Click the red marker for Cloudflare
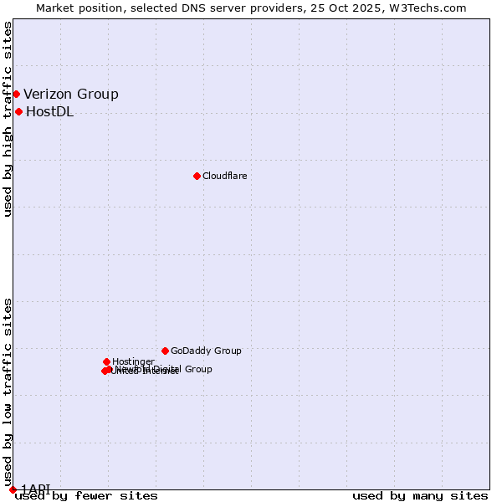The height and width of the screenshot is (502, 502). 197,176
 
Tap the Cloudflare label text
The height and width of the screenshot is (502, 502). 224,176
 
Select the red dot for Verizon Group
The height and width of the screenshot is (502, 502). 16,94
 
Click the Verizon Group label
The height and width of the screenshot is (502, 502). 71,94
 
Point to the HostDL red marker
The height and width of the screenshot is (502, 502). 18,111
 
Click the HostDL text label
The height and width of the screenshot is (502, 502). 49,112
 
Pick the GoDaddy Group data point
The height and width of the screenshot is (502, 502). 165,351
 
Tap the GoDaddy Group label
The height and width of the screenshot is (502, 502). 206,351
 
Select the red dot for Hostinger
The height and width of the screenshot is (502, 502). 106,361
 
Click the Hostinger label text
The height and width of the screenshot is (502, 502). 133,361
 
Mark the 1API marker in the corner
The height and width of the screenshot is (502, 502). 13,489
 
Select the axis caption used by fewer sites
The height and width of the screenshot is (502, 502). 86,496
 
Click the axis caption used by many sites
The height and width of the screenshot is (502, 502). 420,496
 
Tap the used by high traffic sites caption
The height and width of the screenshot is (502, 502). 8,119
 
